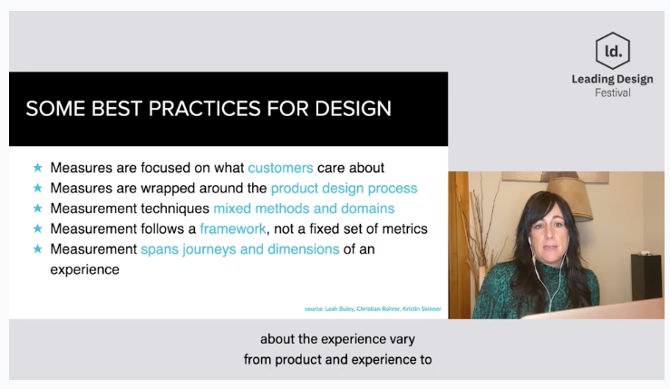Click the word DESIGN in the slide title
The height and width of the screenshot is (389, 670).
pyautogui.click(x=353, y=109)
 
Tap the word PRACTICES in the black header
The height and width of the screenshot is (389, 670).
pyautogui.click(x=204, y=109)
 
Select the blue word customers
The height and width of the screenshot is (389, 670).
pyautogui.click(x=280, y=168)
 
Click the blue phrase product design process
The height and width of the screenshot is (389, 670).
pyautogui.click(x=344, y=189)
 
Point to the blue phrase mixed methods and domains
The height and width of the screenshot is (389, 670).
pyautogui.click(x=304, y=209)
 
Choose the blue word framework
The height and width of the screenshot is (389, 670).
pyautogui.click(x=233, y=229)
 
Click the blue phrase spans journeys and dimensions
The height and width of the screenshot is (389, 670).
pyautogui.click(x=239, y=249)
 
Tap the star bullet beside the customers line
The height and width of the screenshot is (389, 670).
pyautogui.click(x=37, y=168)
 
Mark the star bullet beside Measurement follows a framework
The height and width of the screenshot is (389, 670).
pyautogui.click(x=37, y=229)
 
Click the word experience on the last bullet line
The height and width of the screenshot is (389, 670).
pyautogui.click(x=84, y=270)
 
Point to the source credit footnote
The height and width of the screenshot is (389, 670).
pyautogui.click(x=373, y=308)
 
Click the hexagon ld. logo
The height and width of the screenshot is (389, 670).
pyautogui.click(x=613, y=51)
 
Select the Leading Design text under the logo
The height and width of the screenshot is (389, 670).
pyautogui.click(x=612, y=79)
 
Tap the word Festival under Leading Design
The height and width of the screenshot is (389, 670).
pyautogui.click(x=613, y=92)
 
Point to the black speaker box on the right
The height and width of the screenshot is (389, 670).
pyautogui.click(x=647, y=277)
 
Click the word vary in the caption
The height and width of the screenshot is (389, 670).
pyautogui.click(x=402, y=339)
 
